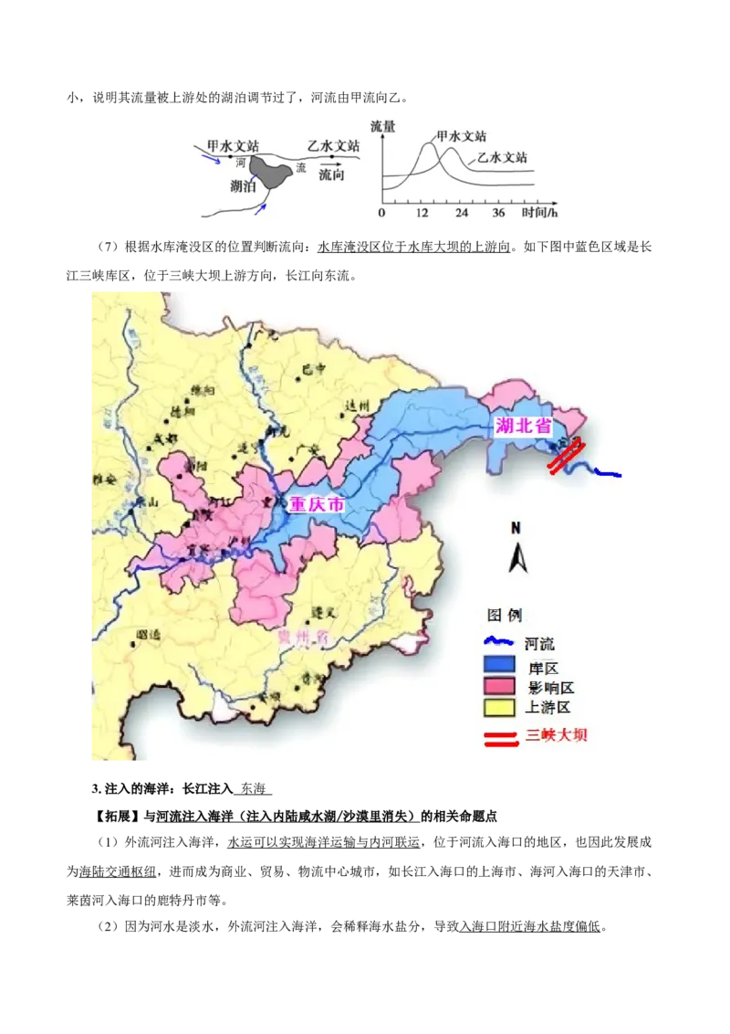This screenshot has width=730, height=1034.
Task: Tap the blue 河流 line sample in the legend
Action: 499,643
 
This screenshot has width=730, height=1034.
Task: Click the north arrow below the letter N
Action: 517,556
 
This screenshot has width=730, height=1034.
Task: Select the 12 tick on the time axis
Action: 422,213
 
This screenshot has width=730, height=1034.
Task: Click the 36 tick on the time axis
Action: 498,213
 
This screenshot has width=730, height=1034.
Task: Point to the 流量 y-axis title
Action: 383,126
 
